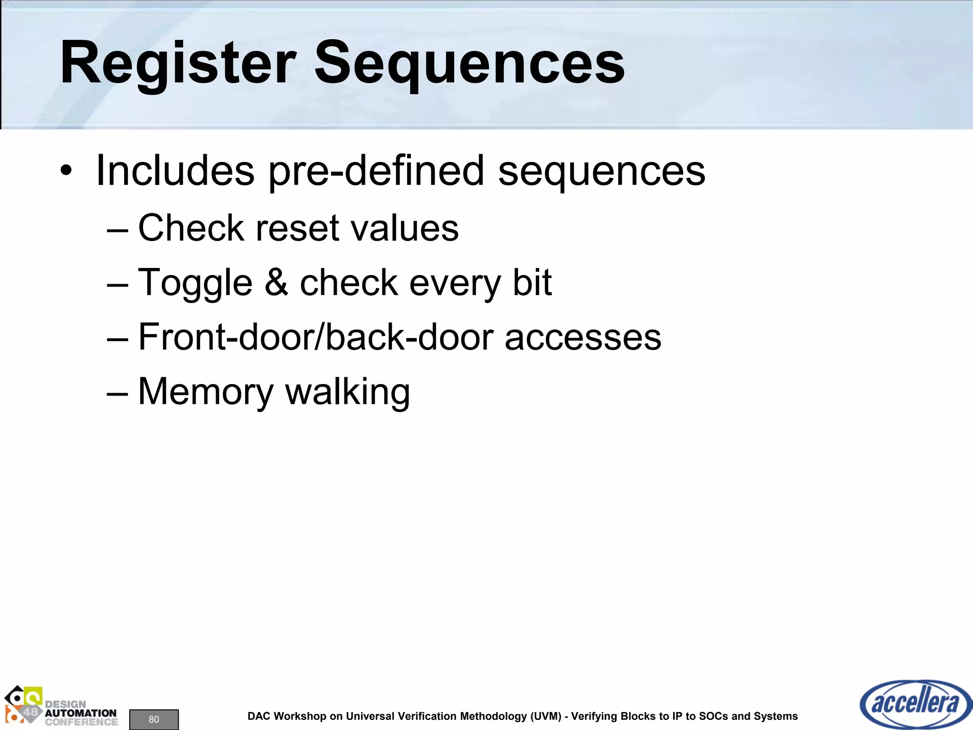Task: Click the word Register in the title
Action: click(178, 64)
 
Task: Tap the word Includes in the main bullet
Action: click(175, 171)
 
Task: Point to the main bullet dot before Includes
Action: click(67, 171)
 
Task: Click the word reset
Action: click(297, 228)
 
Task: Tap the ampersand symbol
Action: click(276, 282)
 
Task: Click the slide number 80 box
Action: click(154, 719)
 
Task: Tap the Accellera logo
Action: click(916, 704)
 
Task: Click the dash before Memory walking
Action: click(117, 393)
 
